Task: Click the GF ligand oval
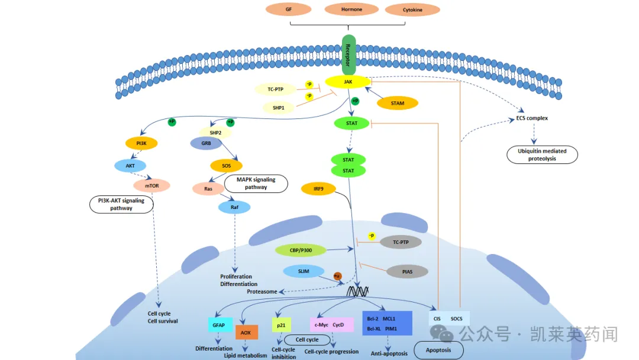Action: (x=289, y=9)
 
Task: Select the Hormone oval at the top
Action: (x=351, y=9)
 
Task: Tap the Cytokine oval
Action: (x=412, y=10)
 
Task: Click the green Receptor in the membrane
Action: (x=348, y=55)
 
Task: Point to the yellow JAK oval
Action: (x=348, y=82)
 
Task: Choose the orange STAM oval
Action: (x=398, y=103)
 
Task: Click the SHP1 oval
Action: (x=278, y=108)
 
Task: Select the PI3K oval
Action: (x=141, y=143)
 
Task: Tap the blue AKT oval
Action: (x=130, y=166)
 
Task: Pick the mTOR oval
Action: (x=151, y=185)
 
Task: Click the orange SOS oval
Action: (x=226, y=166)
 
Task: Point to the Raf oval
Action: (x=234, y=207)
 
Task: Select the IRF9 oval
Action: (x=318, y=189)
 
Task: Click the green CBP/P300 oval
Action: (x=301, y=250)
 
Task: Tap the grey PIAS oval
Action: (x=407, y=272)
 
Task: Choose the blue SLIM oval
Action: (x=304, y=271)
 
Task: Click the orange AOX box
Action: (x=247, y=332)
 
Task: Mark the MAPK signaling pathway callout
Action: (x=256, y=184)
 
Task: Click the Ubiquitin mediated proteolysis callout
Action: (x=542, y=155)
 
